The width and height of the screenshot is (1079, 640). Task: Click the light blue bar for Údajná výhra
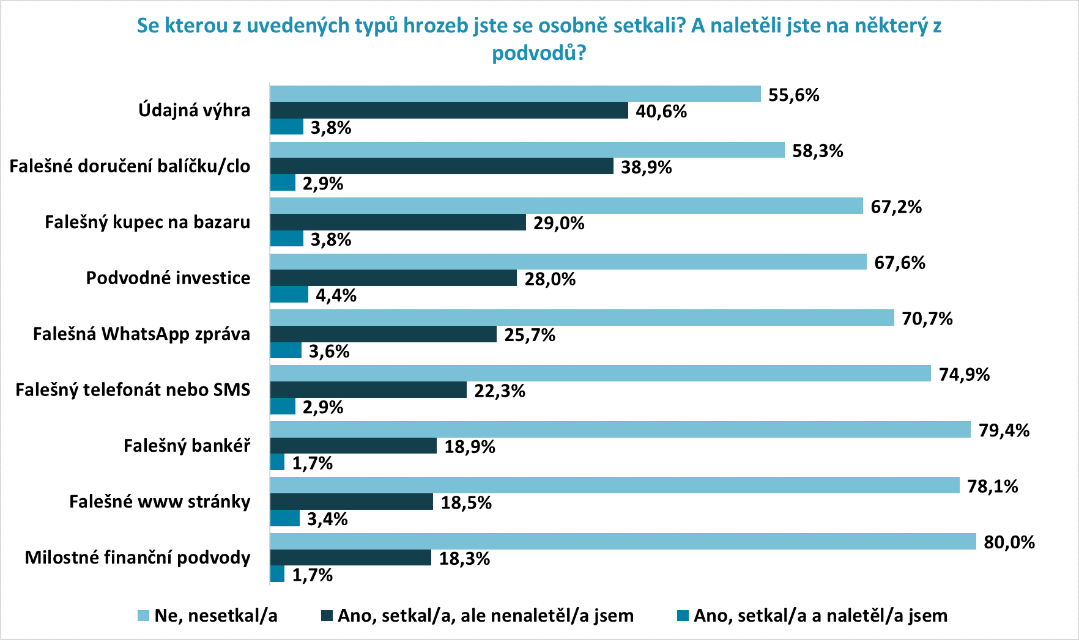tap(515, 94)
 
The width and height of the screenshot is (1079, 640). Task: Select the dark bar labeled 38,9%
tap(442, 166)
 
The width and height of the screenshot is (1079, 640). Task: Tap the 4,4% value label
tap(336, 296)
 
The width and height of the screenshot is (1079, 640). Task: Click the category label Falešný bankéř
tap(187, 446)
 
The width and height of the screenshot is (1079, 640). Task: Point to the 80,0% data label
tap(1009, 542)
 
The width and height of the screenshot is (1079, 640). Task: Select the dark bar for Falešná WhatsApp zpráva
tap(383, 334)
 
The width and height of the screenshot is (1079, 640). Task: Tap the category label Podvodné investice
tap(168, 278)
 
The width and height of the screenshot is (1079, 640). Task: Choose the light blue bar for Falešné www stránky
tap(615, 485)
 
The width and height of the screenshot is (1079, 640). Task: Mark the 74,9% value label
tap(964, 375)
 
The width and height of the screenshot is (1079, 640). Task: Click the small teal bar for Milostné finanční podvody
tap(277, 574)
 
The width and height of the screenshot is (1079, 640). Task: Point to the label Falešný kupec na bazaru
tap(147, 222)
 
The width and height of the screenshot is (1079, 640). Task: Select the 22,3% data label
tap(499, 391)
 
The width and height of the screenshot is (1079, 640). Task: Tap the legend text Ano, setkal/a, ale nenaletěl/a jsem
tap(486, 616)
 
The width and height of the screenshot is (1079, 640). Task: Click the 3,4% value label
tap(327, 520)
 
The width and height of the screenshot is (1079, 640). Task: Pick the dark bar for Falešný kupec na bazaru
tap(398, 223)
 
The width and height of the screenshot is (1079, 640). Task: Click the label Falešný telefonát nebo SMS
tap(133, 390)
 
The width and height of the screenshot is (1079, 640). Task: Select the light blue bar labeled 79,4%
tap(620, 430)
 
